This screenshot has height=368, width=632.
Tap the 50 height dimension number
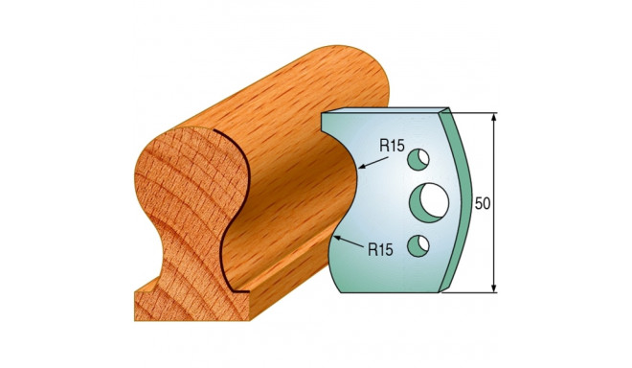tap(485, 202)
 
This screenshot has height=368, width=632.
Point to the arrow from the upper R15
tap(369, 160)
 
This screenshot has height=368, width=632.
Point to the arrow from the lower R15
tap(350, 239)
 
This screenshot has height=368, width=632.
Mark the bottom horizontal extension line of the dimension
tap(474, 291)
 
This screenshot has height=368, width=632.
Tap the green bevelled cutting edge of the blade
tap(461, 201)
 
